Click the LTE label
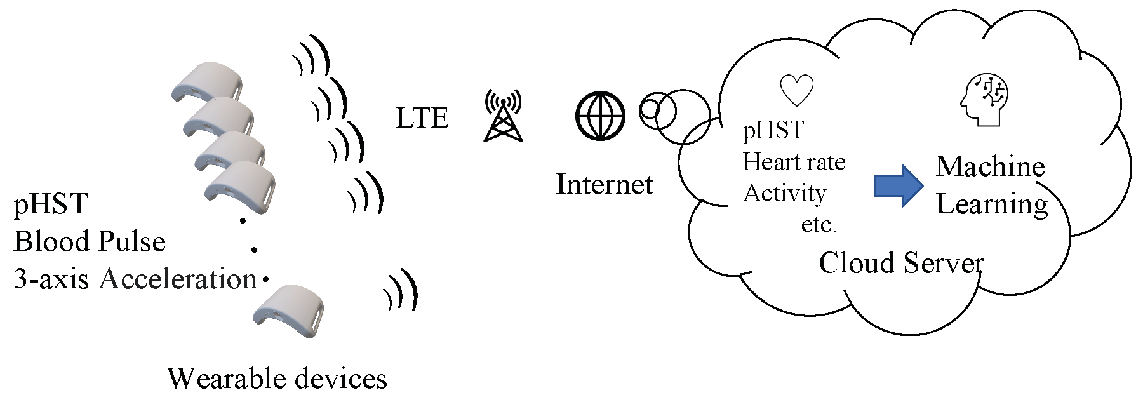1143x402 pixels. (422, 118)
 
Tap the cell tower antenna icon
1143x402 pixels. (503, 116)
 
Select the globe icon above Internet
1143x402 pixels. (600, 116)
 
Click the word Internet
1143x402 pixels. (604, 185)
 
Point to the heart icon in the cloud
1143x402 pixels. (796, 90)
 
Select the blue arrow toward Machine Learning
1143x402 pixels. (898, 185)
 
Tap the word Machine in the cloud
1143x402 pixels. (990, 166)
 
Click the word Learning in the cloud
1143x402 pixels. (992, 204)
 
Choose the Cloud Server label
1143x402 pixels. (901, 262)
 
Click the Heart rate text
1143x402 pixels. (794, 163)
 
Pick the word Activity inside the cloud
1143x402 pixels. (784, 193)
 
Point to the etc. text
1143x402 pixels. (819, 224)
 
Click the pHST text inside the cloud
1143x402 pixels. (773, 131)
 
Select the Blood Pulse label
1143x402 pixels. (90, 242)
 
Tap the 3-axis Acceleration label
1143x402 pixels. (135, 279)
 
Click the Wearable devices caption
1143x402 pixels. (277, 379)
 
